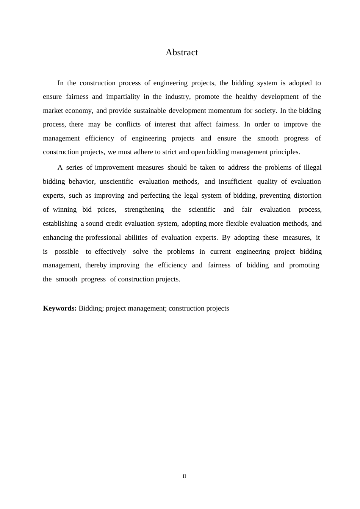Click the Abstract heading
coord(182,52)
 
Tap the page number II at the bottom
coord(184,476)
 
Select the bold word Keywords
coord(60,308)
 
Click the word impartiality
coord(123,97)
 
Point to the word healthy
coord(246,97)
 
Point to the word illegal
coord(312,167)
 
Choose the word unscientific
coord(116,181)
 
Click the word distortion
coord(307,195)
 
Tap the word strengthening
coord(144,209)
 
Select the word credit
coord(114,223)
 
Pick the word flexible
coord(237,223)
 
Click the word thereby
coord(96,265)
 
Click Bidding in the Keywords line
coord(90,308)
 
